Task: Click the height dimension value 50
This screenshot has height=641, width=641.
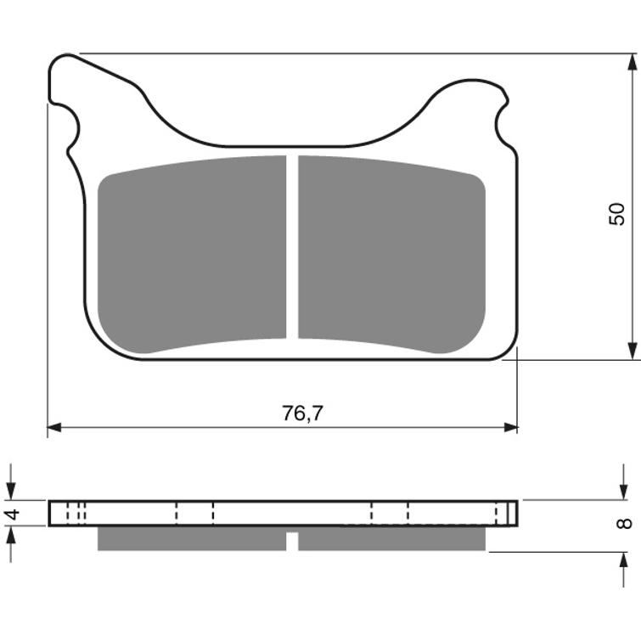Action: tap(617, 213)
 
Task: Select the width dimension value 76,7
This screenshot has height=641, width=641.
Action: tap(303, 413)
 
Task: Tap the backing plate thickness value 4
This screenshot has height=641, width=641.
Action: tap(12, 514)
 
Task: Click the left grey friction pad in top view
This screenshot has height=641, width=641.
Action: tap(192, 252)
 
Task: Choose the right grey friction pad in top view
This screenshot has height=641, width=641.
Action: tap(391, 252)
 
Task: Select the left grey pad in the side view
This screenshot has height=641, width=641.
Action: tap(192, 538)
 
